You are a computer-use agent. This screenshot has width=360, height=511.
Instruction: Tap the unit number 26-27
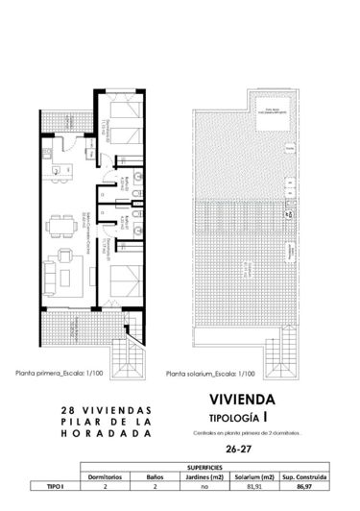pyautogui.click(x=252, y=448)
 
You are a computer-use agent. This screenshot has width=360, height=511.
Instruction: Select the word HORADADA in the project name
pyautogui.click(x=101, y=433)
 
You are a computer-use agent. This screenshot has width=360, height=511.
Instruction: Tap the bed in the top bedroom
pyautogui.click(x=121, y=123)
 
